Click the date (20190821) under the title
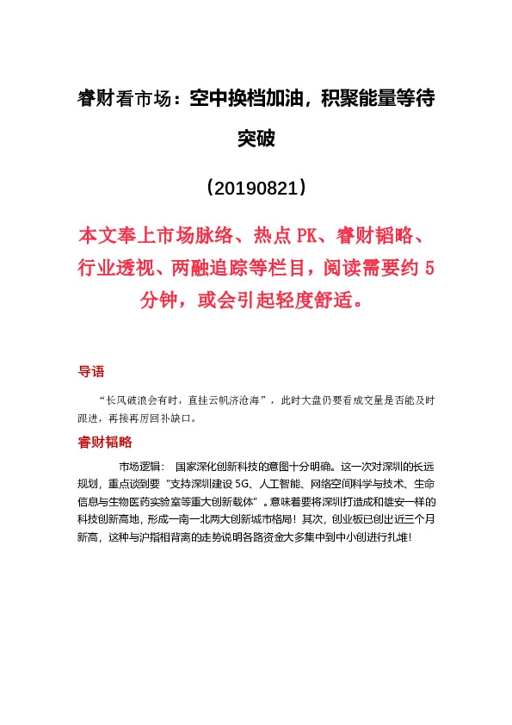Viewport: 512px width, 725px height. [256, 187]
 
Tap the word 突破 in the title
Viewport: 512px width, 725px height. [256, 138]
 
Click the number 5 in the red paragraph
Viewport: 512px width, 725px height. [429, 269]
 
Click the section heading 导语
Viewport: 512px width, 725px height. [91, 372]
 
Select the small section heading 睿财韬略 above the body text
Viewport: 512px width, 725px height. [104, 442]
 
